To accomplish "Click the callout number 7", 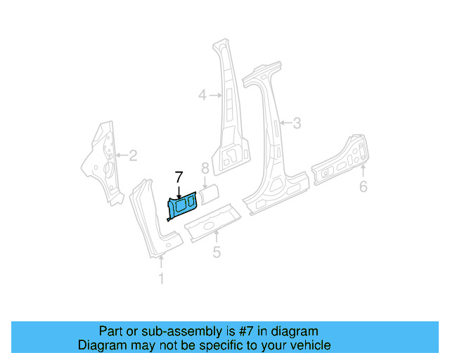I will [179, 177].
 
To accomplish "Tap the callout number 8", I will [205, 169].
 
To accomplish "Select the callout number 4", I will [202, 95].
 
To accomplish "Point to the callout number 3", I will [297, 124].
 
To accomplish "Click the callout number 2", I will [132, 155].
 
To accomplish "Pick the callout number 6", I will [363, 186].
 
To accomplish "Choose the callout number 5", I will [217, 252].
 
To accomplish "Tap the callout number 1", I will [161, 279].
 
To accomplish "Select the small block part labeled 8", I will [210, 193].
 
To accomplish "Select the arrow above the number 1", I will [161, 264].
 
